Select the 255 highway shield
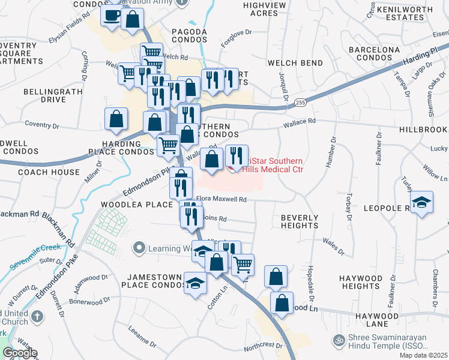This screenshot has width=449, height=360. coord(301,103)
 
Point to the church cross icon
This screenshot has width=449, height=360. coord(37,316)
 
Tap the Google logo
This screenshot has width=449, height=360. coord(20,353)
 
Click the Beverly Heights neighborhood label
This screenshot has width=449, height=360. coord(300,221)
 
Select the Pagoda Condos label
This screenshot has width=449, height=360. coord(189,35)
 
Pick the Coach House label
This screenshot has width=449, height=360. coord(49,172)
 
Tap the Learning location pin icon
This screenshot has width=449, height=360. coord(140,247)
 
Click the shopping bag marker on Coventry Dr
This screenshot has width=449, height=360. coord(116,119)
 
